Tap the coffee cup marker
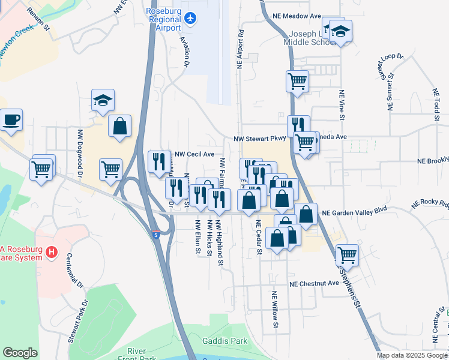click(x=11, y=119)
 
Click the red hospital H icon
click(x=52, y=253)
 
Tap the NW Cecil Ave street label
click(x=194, y=154)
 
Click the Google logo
click(x=20, y=353)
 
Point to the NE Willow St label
click(x=275, y=310)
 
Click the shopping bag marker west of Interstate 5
click(x=120, y=126)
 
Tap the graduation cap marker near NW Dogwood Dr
click(x=103, y=100)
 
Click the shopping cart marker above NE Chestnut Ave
click(x=347, y=254)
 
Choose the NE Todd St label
click(x=436, y=104)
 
